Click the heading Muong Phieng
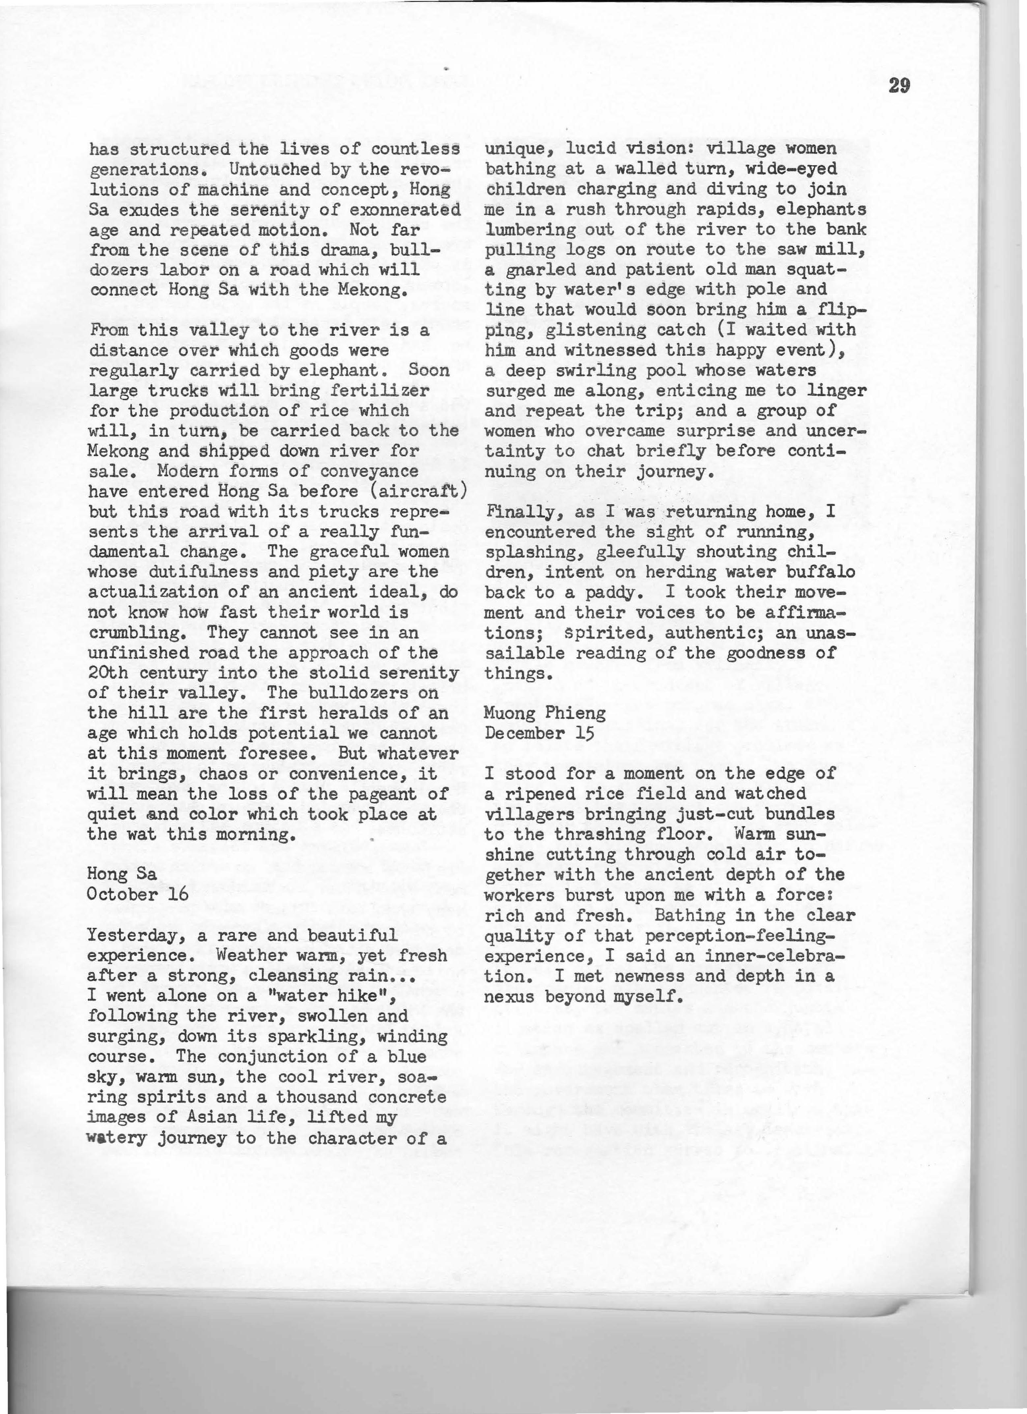point(545,712)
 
